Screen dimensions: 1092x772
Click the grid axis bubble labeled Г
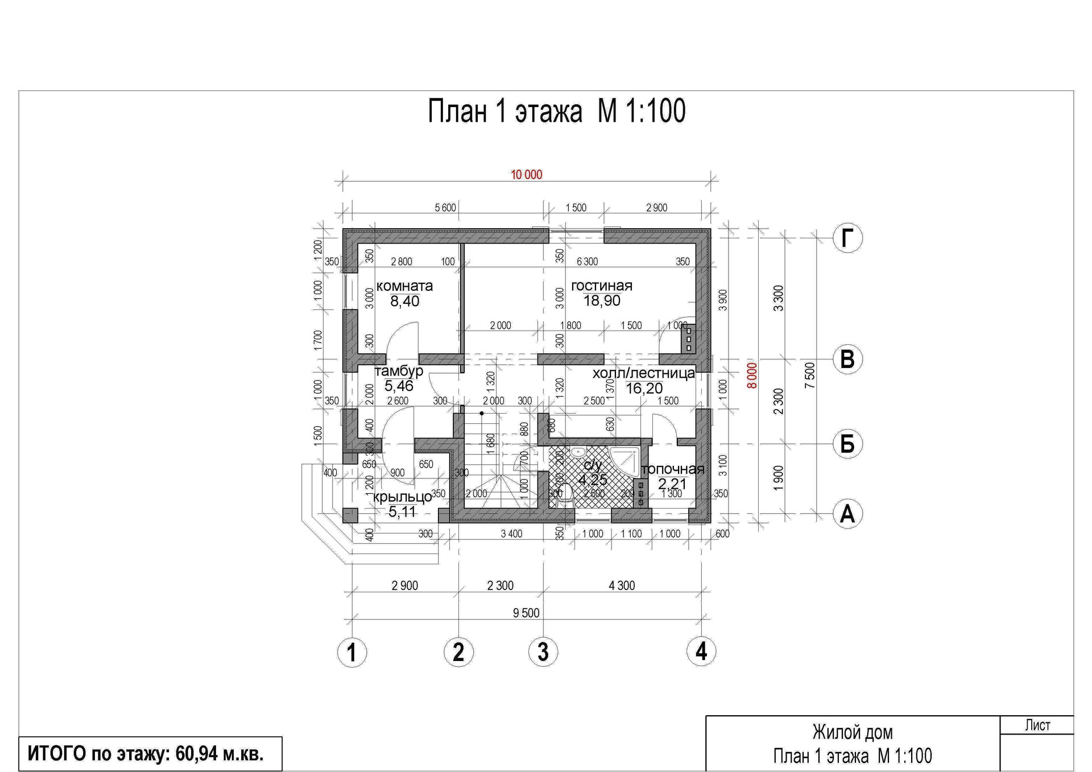[x=847, y=238]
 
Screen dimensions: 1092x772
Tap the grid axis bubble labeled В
[x=847, y=360]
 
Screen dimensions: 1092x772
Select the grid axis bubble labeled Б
[x=847, y=444]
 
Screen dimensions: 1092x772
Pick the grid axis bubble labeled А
[x=847, y=514]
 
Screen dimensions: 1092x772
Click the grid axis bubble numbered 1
[x=352, y=652]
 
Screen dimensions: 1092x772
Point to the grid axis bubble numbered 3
[x=543, y=652]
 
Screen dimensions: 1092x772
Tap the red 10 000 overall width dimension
[x=527, y=175]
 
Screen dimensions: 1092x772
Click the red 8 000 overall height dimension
[x=752, y=375]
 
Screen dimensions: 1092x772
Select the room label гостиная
[x=602, y=286]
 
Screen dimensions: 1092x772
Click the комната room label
[x=404, y=286]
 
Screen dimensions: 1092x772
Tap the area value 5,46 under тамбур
[x=399, y=386]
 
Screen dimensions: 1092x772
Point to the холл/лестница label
[x=643, y=373]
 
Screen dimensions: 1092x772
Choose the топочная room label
[x=673, y=469]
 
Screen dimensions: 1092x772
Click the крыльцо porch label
[x=403, y=497]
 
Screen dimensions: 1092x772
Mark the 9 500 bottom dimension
[x=526, y=613]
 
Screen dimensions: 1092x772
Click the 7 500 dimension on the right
[x=810, y=375]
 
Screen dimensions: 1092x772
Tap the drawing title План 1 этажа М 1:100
[x=556, y=111]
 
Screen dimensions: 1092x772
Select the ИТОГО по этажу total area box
[x=150, y=754]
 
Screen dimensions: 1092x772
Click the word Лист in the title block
[x=1037, y=725]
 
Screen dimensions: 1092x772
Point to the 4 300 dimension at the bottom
[x=622, y=585]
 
